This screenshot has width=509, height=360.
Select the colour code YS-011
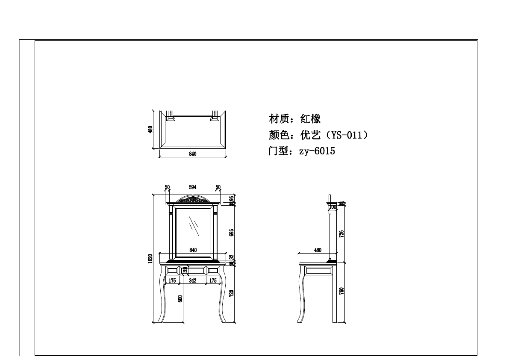click(x=346, y=135)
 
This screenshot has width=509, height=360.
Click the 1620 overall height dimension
click(x=150, y=259)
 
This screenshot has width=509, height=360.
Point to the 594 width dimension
click(x=193, y=187)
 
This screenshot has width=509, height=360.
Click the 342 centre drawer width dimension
click(x=193, y=280)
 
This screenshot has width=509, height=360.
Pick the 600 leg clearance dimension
click(x=180, y=299)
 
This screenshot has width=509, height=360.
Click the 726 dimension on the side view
click(x=341, y=233)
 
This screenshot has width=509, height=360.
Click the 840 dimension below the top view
click(x=193, y=154)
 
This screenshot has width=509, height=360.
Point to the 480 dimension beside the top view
click(x=150, y=130)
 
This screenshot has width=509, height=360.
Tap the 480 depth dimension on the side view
click(x=318, y=250)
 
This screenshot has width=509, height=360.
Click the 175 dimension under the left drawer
click(x=172, y=280)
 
